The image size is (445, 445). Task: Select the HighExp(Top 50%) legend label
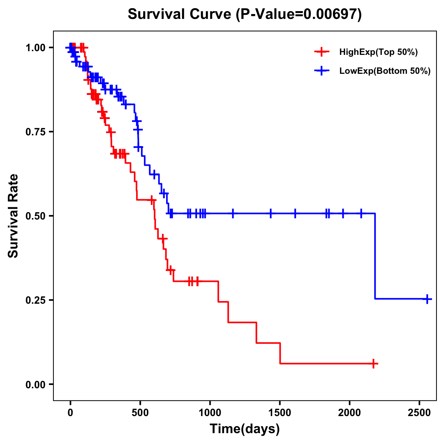coord(378,52)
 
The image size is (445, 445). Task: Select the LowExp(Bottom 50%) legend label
coord(385,71)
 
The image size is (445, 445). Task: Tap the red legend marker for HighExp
coord(322,52)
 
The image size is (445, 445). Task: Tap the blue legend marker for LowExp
coord(322,71)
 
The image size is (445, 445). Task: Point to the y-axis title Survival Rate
coord(13,215)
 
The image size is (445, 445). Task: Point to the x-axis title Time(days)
coord(245,429)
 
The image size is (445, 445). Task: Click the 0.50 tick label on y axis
coord(35,216)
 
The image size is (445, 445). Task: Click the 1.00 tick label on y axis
coord(35,47)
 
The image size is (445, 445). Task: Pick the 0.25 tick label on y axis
coord(35,300)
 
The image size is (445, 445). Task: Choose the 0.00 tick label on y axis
coord(35,384)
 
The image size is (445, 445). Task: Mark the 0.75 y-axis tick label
coord(35,132)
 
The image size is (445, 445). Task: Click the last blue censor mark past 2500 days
coord(427,299)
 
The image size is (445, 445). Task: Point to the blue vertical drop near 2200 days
coord(375,256)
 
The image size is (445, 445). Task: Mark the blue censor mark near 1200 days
coord(233,213)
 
